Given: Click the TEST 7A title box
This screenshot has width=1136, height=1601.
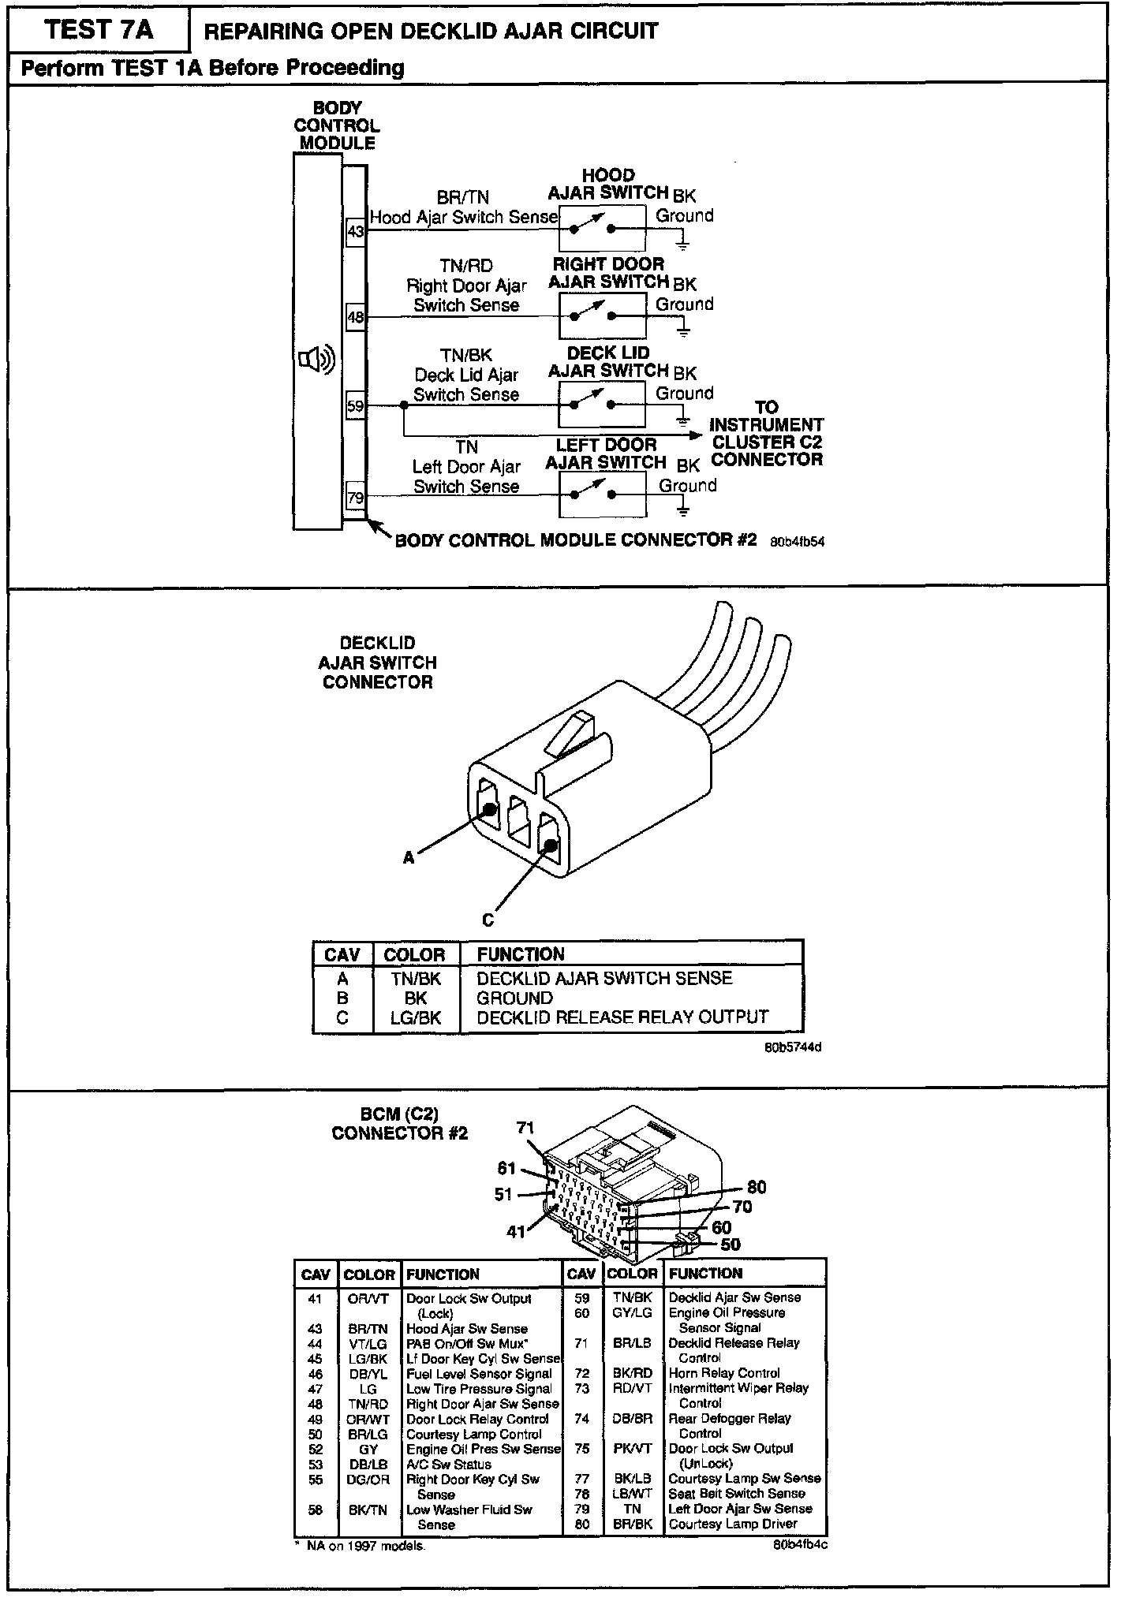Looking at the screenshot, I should tap(99, 30).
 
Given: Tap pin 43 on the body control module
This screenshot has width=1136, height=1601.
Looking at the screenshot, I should tap(356, 232).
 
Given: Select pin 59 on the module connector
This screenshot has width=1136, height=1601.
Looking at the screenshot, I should tap(356, 407).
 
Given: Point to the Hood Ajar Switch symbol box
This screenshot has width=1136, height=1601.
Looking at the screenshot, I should tap(602, 228).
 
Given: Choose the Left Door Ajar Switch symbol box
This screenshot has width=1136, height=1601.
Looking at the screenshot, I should tap(602, 494).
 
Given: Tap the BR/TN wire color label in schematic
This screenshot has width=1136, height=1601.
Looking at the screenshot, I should tap(463, 198).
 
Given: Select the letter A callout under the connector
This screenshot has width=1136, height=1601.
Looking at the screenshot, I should tap(409, 857).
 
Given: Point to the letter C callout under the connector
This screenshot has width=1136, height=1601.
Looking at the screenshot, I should tap(488, 920).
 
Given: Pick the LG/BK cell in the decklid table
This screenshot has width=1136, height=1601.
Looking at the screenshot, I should tap(416, 1017).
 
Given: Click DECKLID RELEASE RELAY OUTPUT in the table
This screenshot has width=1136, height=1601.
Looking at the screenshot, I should tap(622, 1017).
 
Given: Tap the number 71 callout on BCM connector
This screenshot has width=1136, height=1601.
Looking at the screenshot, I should tap(526, 1128).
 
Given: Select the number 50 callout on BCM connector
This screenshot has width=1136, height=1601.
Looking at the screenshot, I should tap(731, 1245).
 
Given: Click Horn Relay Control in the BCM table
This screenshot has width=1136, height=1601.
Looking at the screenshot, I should tap(724, 1373).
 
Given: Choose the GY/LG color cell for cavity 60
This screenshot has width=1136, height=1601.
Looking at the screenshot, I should tap(633, 1313).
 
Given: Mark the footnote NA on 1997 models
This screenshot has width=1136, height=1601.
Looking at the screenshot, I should tap(364, 1546).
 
